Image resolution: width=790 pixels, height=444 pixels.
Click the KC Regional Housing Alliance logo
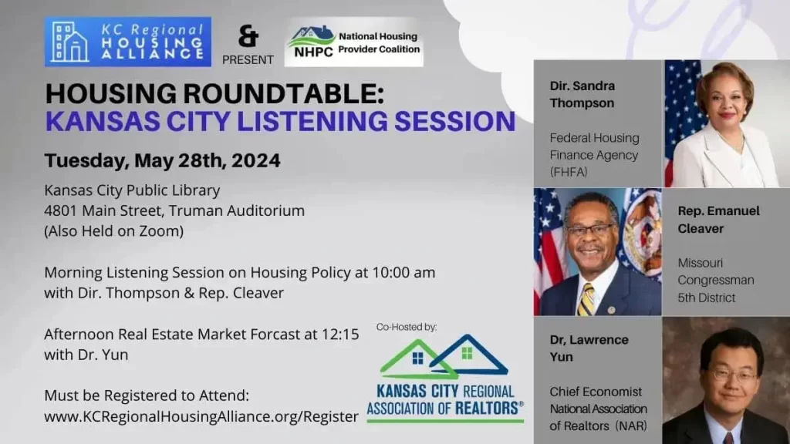(x=128, y=42)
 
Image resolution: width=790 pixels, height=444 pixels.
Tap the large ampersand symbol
(x=248, y=37)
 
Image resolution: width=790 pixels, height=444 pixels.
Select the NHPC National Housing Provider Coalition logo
(x=353, y=42)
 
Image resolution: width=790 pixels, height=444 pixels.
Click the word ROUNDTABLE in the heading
(x=283, y=93)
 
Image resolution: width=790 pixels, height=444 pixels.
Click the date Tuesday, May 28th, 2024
(x=162, y=160)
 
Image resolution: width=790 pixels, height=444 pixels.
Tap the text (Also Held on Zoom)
(x=114, y=231)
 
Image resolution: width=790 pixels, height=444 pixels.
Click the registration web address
(x=201, y=417)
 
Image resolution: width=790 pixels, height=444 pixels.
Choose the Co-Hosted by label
(x=407, y=327)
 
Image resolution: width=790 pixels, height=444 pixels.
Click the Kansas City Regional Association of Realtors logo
(x=445, y=378)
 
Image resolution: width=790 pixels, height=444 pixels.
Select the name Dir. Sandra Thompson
(x=582, y=94)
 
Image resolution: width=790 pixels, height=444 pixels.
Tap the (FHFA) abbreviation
(x=569, y=172)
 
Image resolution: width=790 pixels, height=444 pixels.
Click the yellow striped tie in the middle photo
(x=586, y=300)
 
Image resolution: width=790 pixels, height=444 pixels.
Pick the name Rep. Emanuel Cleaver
(x=718, y=220)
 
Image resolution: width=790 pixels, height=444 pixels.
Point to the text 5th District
(x=707, y=298)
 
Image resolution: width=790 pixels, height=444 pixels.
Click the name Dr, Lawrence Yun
(x=589, y=348)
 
